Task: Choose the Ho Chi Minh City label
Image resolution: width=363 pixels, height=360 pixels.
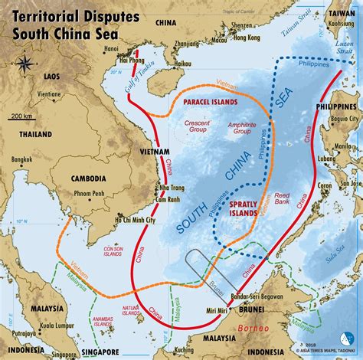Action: pos(134,220)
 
